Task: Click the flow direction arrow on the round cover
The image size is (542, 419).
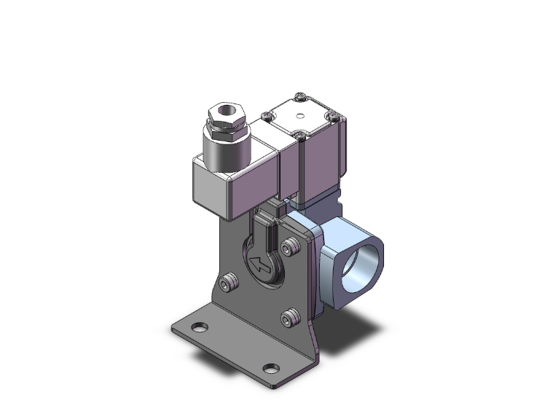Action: (x=259, y=264)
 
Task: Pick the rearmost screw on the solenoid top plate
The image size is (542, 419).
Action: (x=301, y=95)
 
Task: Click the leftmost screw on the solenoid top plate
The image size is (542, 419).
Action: (x=267, y=115)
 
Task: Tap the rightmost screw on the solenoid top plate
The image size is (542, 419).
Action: (x=333, y=114)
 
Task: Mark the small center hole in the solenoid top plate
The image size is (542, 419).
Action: (x=300, y=115)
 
